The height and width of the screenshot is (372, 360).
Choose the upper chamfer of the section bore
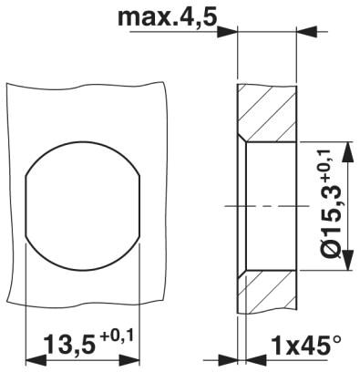pyautogui.click(x=242, y=139)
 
